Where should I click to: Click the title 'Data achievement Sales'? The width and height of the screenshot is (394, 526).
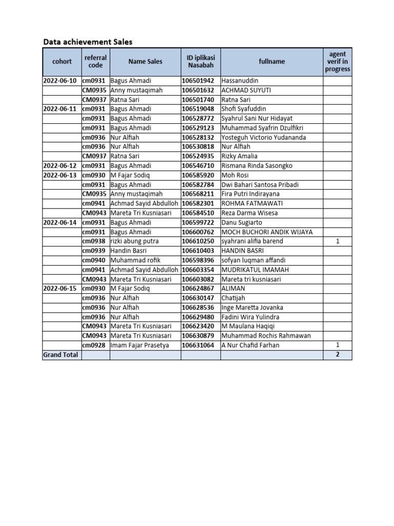88,42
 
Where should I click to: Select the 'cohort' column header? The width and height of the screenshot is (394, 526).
62,62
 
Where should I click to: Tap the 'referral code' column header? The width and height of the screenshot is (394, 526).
95,62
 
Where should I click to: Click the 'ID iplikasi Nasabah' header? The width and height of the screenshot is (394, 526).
201,62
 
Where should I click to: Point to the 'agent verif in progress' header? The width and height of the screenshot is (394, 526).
337,62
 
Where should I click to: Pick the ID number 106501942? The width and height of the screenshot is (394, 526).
198,81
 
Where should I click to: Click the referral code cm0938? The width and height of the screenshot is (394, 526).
94,241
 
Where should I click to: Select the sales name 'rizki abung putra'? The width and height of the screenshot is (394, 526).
134,241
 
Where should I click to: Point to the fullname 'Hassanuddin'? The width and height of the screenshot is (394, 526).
240,81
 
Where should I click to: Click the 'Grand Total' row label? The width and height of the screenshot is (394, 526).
61,355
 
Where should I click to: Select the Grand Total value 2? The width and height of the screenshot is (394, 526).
337,355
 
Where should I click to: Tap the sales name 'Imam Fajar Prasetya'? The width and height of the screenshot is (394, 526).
140,345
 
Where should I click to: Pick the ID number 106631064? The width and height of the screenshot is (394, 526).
198,345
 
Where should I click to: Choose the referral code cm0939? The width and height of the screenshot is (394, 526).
94,251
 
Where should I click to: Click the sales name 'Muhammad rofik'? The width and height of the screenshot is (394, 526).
135,260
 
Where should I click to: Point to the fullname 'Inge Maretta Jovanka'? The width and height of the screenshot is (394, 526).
252,308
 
